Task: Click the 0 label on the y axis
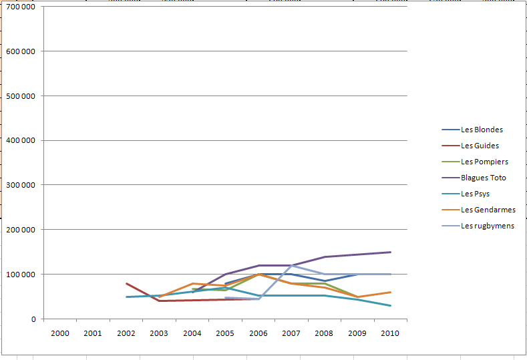[x=33, y=319]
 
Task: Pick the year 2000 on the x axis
[x=59, y=333]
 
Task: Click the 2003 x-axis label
[x=159, y=333]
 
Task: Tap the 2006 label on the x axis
[x=258, y=333]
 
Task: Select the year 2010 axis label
[x=390, y=333]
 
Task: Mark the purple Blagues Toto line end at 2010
[x=391, y=252]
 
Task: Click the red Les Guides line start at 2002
[x=126, y=283]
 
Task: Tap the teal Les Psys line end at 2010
[x=391, y=305]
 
